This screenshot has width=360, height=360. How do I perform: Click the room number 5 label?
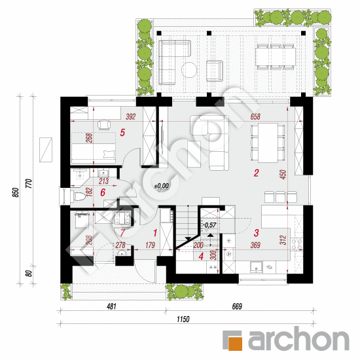click(122, 132)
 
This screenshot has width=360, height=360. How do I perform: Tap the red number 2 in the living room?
click(256, 173)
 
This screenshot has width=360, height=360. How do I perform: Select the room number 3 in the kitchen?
click(257, 233)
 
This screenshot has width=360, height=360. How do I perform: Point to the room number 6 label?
click(103, 192)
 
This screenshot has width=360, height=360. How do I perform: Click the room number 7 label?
click(122, 233)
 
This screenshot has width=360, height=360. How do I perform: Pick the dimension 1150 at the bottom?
click(183, 319)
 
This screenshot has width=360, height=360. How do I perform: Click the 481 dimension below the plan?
click(111, 306)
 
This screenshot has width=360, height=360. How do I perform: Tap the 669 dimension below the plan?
click(237, 306)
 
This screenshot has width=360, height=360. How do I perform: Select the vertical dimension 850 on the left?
click(16, 192)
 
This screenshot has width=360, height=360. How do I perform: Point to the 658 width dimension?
click(255, 117)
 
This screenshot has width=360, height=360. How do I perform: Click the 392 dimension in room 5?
click(131, 117)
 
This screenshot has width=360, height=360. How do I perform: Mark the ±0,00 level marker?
click(162, 186)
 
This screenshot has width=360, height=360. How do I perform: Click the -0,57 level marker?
click(209, 225)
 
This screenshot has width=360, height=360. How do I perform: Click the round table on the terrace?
click(189, 70)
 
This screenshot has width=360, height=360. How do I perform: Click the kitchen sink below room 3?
click(256, 267)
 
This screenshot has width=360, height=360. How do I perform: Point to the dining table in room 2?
click(268, 143)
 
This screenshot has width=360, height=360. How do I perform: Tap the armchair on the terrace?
click(215, 71)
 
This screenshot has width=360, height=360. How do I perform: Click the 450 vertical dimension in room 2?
click(283, 175)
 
